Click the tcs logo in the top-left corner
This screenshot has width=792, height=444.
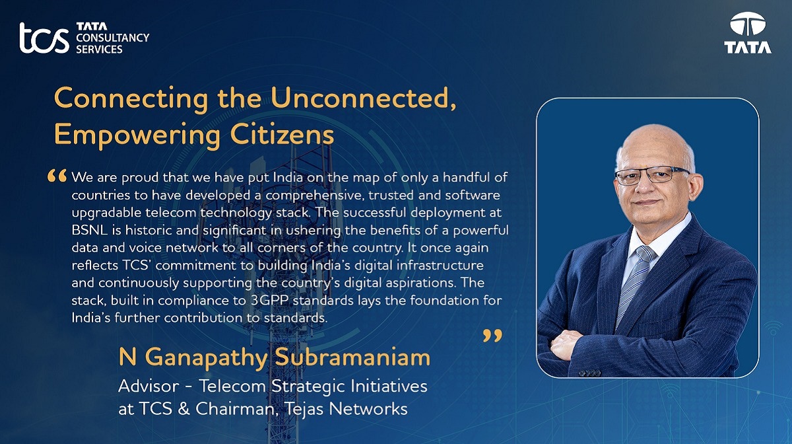pyautogui.click(x=44, y=38)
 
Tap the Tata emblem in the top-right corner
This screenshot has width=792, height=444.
pyautogui.click(x=748, y=32)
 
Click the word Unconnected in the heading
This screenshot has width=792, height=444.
pyautogui.click(x=364, y=98)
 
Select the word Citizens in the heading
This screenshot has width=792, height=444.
pyautogui.click(x=282, y=135)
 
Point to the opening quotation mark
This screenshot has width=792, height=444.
pyautogui.click(x=57, y=176)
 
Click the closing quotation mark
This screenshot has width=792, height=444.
pyautogui.click(x=492, y=336)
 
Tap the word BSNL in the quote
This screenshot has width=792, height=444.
pyautogui.click(x=90, y=230)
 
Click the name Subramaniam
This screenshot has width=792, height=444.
pyautogui.click(x=352, y=357)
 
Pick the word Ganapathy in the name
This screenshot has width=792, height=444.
pyautogui.click(x=206, y=357)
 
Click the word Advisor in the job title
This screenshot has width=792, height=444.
pyautogui.click(x=148, y=386)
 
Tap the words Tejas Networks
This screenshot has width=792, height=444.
pyautogui.click(x=346, y=408)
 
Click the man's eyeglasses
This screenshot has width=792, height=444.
pyautogui.click(x=651, y=176)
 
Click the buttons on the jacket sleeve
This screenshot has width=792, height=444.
pyautogui.click(x=590, y=373)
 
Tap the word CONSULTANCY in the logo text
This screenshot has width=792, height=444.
pyautogui.click(x=112, y=38)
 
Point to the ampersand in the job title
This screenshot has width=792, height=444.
pyautogui.click(x=183, y=408)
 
